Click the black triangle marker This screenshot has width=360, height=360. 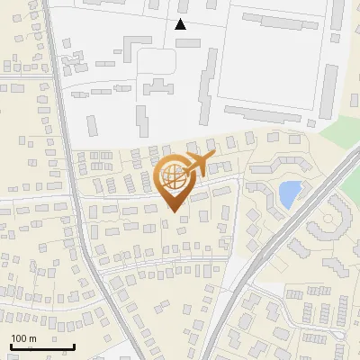(x=181, y=24)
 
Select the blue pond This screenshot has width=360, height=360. (x=289, y=193)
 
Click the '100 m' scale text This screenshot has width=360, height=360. (x=23, y=338)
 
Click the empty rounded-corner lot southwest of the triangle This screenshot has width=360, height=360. (x=155, y=61)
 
